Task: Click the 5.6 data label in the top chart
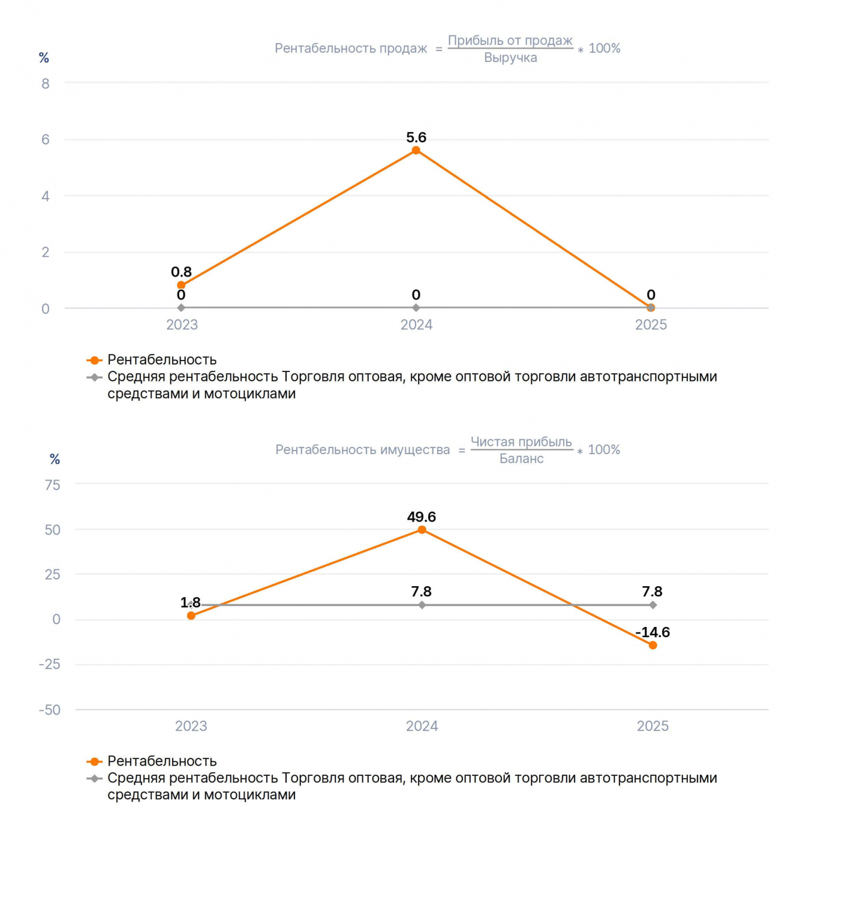(416, 137)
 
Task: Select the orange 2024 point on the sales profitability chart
(416, 151)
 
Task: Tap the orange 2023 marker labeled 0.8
(181, 285)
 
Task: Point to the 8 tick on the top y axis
(46, 83)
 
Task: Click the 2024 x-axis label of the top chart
(416, 325)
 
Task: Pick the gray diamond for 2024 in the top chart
(416, 308)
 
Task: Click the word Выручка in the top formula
(510, 58)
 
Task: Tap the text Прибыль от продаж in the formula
(510, 40)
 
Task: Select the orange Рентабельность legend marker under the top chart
(94, 360)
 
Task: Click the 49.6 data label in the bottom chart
(421, 517)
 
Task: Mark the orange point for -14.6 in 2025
(652, 645)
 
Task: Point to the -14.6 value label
(652, 632)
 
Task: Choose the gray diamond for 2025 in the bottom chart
(652, 605)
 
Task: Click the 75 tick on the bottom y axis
(53, 485)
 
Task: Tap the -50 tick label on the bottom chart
(49, 710)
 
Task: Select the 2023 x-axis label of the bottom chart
(191, 726)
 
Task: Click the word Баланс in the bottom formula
(521, 458)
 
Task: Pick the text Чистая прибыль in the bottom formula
(521, 442)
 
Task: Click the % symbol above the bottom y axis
(55, 460)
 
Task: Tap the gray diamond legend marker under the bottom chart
(94, 779)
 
